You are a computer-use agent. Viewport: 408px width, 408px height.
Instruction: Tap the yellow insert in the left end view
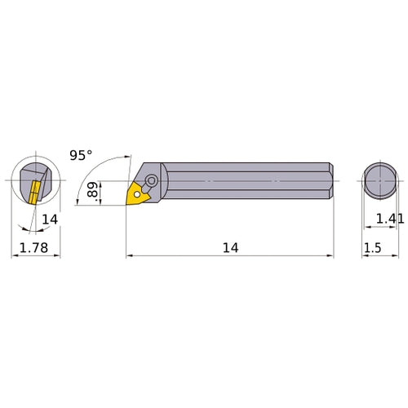pos(33,192)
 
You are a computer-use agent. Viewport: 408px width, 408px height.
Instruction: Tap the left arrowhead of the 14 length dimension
pos(130,256)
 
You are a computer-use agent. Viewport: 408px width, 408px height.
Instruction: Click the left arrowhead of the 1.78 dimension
pos(14,256)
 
